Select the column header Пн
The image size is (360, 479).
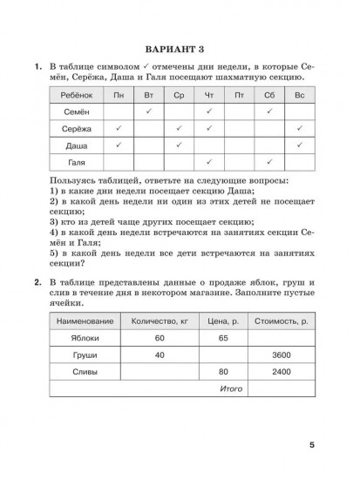[x=118, y=95]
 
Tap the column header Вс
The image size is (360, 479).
[x=300, y=95]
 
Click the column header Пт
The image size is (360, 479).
[x=239, y=95]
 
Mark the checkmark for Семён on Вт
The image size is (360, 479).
[x=148, y=111]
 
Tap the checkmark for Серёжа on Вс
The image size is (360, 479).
[x=300, y=128]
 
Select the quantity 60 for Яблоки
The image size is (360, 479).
[x=160, y=338]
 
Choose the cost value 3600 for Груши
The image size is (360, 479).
[x=275, y=355]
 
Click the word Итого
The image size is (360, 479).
[x=231, y=388]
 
